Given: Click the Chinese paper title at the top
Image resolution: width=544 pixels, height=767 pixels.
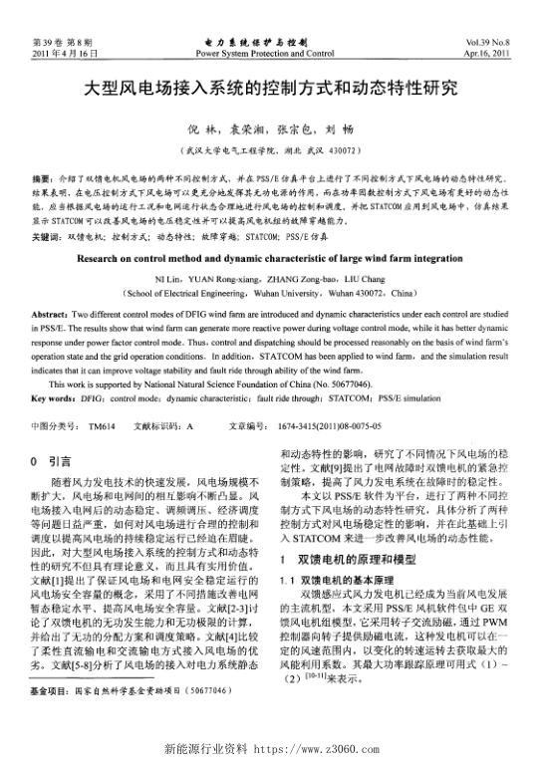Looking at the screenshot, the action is point(271,87).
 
